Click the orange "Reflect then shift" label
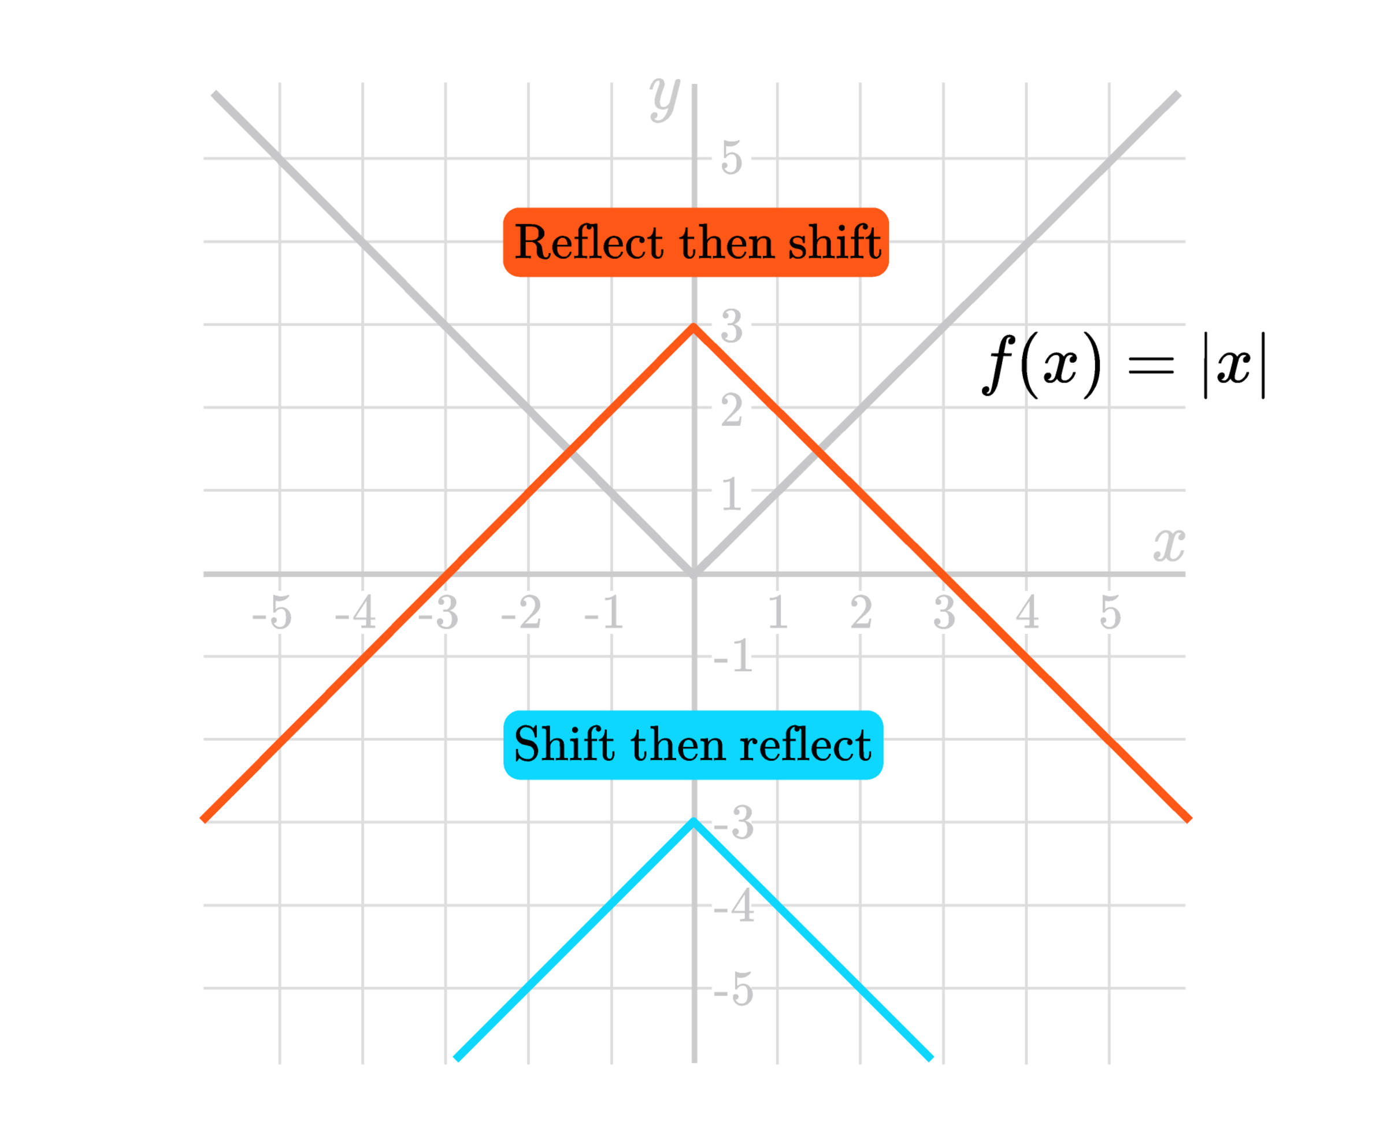click(x=695, y=243)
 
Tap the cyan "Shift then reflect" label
click(x=693, y=745)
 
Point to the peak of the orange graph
click(x=693, y=326)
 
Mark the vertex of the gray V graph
click(x=693, y=574)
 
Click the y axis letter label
click(x=664, y=99)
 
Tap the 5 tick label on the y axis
click(x=731, y=158)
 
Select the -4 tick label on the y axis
click(x=734, y=905)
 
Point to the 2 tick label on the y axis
click(x=731, y=411)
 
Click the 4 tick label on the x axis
click(x=1027, y=612)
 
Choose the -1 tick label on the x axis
click(x=604, y=612)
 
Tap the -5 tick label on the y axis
click(x=733, y=989)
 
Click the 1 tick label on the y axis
click(x=731, y=494)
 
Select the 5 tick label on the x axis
click(x=1111, y=612)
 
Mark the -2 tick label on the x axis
click(x=521, y=612)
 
